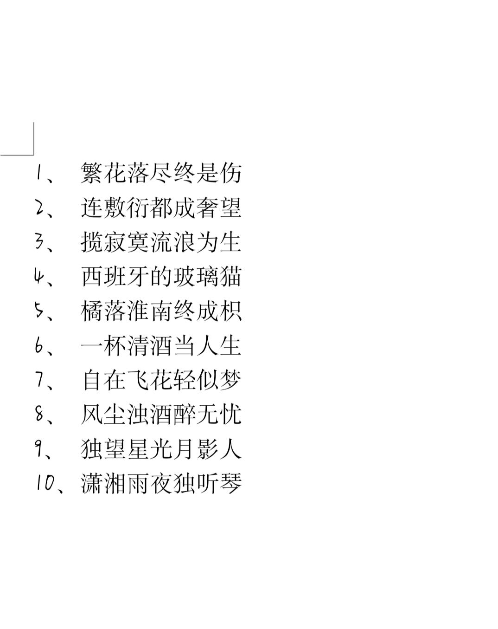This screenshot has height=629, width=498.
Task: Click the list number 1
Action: [38, 172]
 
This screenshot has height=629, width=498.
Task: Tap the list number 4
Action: [39, 276]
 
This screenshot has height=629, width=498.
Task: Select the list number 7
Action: [39, 380]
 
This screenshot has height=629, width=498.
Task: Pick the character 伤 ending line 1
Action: [231, 173]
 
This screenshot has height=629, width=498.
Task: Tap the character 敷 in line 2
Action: [115, 208]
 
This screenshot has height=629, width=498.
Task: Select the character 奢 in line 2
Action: [208, 208]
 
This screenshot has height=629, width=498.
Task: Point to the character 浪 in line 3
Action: [185, 242]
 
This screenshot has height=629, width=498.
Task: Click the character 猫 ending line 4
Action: [231, 277]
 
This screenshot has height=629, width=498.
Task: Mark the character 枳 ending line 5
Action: [231, 311]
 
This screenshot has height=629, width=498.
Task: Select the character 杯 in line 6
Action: [115, 345]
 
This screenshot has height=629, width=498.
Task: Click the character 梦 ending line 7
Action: [231, 380]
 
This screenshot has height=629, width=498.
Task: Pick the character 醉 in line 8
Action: [185, 415]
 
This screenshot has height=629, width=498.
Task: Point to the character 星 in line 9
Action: [138, 449]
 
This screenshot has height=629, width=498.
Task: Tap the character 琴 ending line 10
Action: [231, 483]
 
